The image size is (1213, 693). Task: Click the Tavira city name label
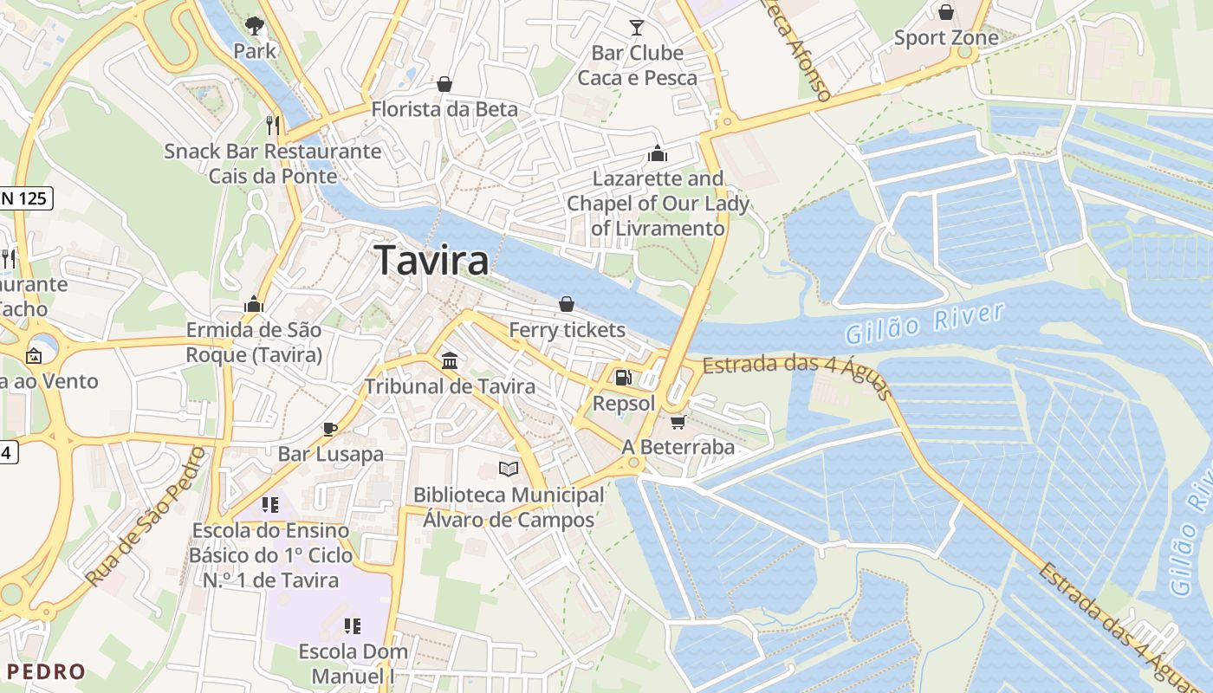click(x=431, y=260)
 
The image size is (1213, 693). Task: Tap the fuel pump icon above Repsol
click(x=622, y=378)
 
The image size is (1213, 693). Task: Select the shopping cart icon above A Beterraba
click(x=678, y=422)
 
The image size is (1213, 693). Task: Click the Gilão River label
click(x=924, y=323)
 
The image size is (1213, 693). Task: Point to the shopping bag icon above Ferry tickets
click(x=566, y=304)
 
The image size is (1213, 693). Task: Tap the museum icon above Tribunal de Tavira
click(x=450, y=360)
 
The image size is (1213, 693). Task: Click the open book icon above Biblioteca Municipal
click(x=509, y=470)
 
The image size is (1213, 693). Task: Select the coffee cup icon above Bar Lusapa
click(x=330, y=429)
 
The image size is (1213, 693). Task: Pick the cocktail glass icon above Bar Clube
click(x=637, y=28)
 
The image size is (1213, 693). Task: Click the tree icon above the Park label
click(x=254, y=25)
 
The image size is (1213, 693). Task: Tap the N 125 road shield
click(x=26, y=198)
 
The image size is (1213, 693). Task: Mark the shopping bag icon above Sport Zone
click(x=946, y=12)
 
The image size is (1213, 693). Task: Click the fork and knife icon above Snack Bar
click(x=272, y=126)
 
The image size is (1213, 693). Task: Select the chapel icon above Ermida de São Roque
click(x=254, y=304)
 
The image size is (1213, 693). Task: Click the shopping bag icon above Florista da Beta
click(x=444, y=84)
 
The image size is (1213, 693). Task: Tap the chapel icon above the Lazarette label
click(x=657, y=153)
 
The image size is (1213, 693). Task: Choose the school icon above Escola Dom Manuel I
click(x=352, y=625)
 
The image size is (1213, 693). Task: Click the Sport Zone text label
click(x=946, y=38)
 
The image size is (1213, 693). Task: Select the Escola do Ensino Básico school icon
click(x=270, y=504)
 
